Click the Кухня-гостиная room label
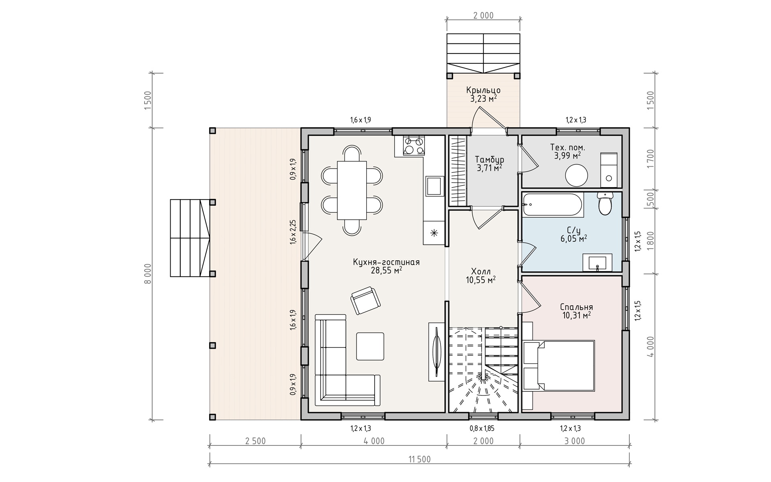pyautogui.click(x=386, y=262)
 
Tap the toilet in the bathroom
pyautogui.click(x=605, y=204)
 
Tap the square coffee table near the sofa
pyautogui.click(x=370, y=346)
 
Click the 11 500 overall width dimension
pyautogui.click(x=419, y=459)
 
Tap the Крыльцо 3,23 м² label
pyautogui.click(x=483, y=94)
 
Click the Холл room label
pyautogui.click(x=481, y=276)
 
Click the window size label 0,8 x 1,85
pyautogui.click(x=482, y=429)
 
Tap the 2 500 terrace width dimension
pyautogui.click(x=255, y=441)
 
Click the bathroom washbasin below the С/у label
pyautogui.click(x=598, y=263)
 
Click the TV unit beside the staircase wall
pyautogui.click(x=436, y=352)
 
